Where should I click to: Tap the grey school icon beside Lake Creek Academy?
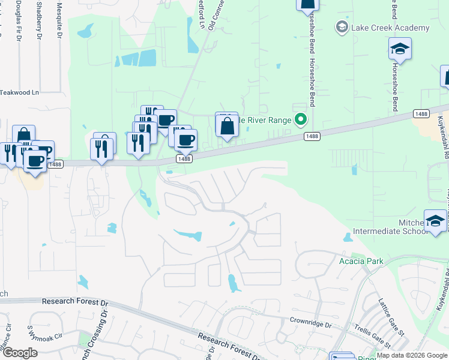[x=342, y=28]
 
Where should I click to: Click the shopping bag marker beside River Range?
[x=227, y=127]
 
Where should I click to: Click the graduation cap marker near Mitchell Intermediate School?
[x=435, y=221]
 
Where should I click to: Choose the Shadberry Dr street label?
[x=39, y=18]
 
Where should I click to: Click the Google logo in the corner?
[x=19, y=353]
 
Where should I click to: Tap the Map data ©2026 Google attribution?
[x=412, y=355]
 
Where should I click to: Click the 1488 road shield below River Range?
[x=312, y=136]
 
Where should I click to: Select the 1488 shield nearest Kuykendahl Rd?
[x=420, y=113]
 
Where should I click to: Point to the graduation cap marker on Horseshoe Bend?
[x=400, y=50]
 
